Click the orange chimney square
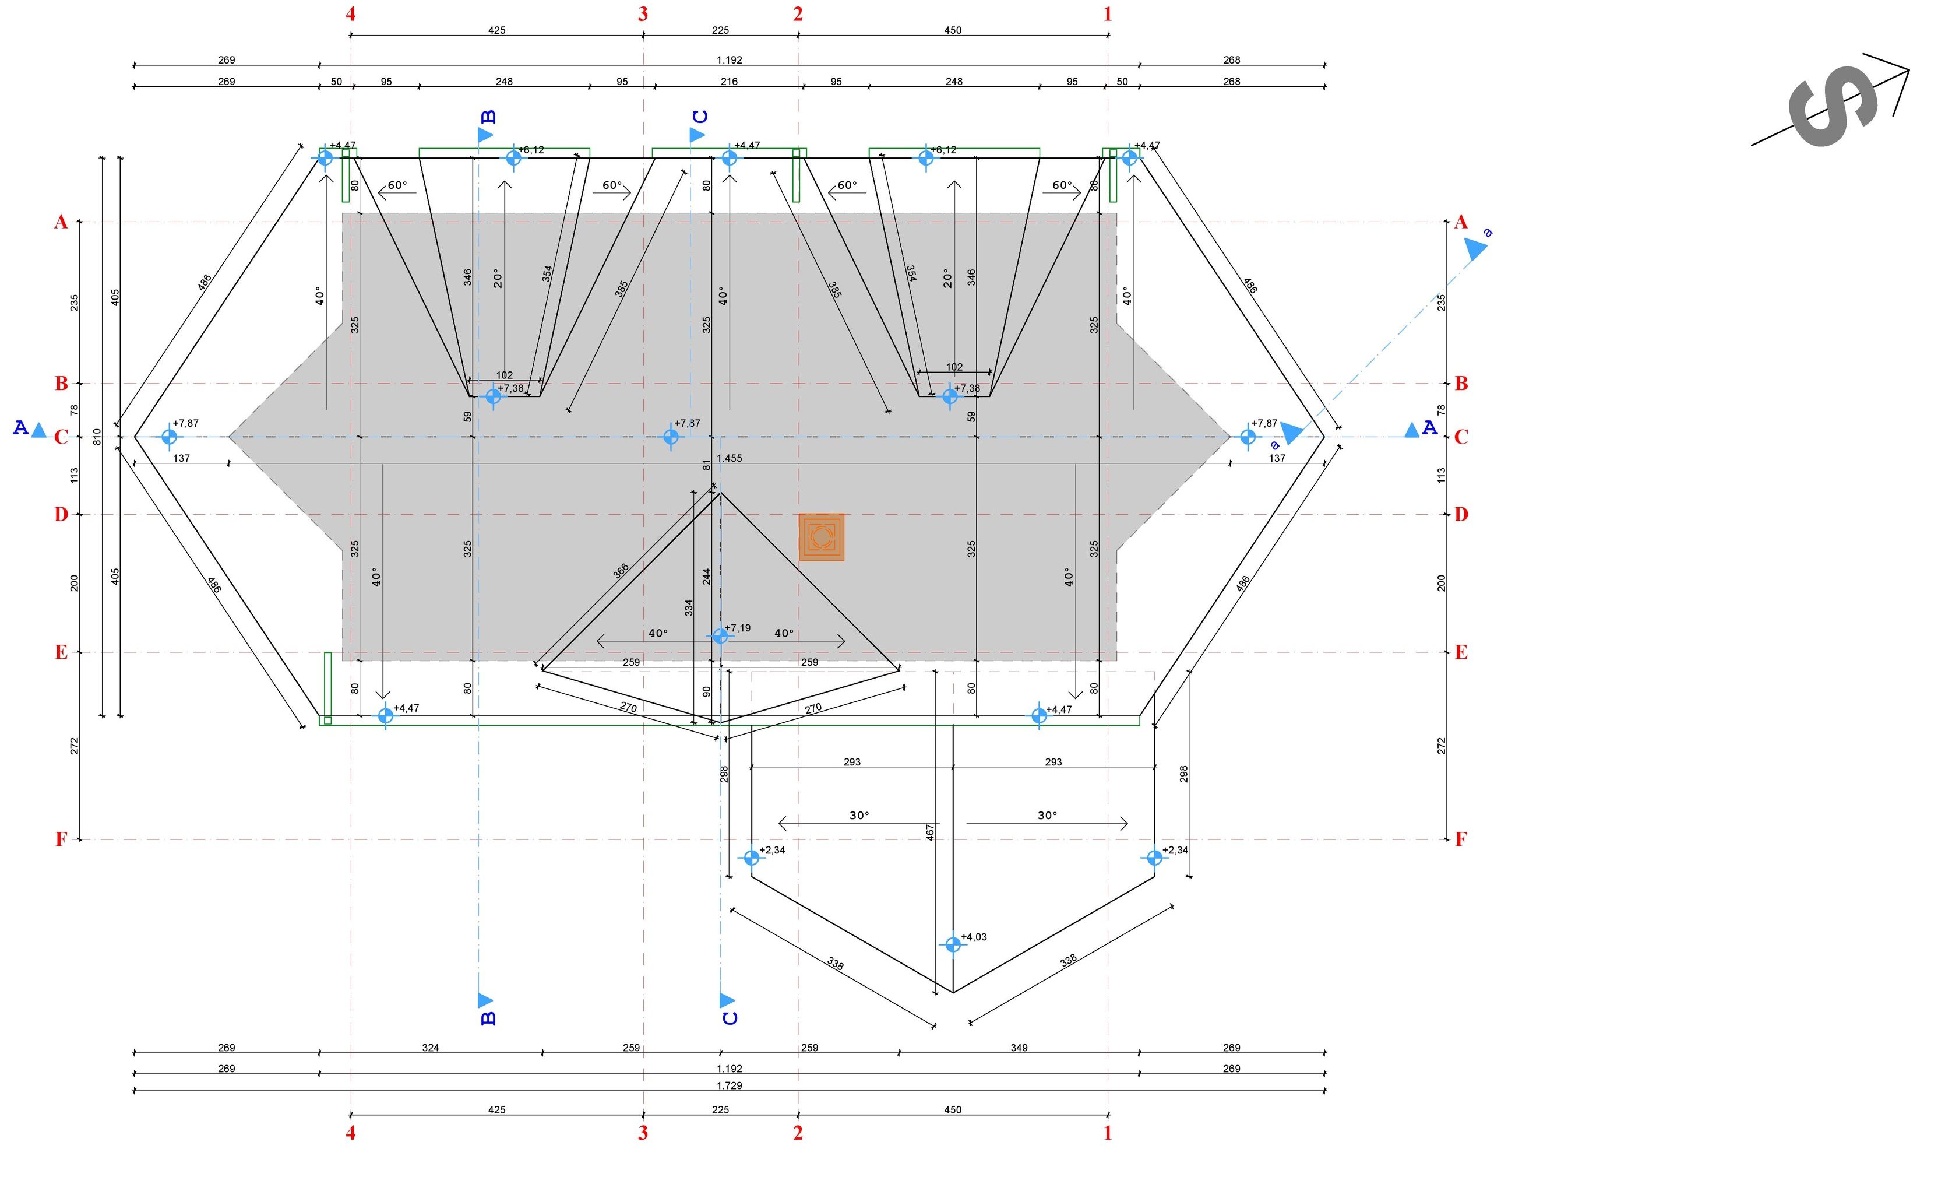click(822, 537)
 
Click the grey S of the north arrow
click(1833, 106)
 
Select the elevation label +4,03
click(974, 937)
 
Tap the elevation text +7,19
click(738, 628)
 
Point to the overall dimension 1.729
click(729, 1085)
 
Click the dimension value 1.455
click(729, 458)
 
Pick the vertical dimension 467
click(930, 832)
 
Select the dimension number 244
click(707, 576)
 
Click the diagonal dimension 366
click(621, 571)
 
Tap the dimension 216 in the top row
click(729, 82)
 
